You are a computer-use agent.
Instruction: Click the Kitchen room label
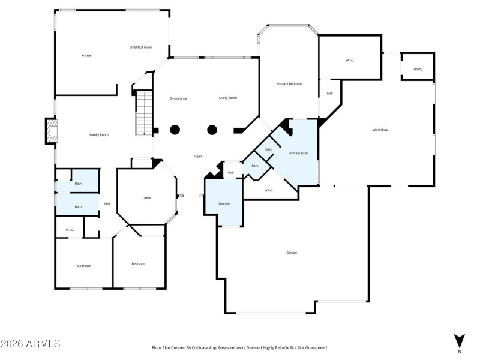click(87, 56)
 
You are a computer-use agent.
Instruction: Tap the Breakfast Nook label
click(139, 47)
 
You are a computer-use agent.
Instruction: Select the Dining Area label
click(178, 98)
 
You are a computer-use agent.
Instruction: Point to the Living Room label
click(227, 98)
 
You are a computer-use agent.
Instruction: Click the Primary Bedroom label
click(289, 83)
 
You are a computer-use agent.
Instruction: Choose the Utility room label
click(418, 70)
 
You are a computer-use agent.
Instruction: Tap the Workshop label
click(380, 130)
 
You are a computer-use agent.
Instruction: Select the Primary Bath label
click(298, 154)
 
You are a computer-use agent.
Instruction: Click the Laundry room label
click(224, 203)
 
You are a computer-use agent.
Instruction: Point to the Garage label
click(291, 253)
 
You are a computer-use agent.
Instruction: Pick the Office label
click(147, 198)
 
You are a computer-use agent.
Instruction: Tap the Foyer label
click(197, 157)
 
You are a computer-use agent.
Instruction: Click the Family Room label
click(99, 135)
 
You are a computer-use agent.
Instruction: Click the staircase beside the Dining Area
click(144, 112)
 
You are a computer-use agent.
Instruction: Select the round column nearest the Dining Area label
click(175, 130)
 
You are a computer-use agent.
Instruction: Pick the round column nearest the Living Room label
click(212, 130)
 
